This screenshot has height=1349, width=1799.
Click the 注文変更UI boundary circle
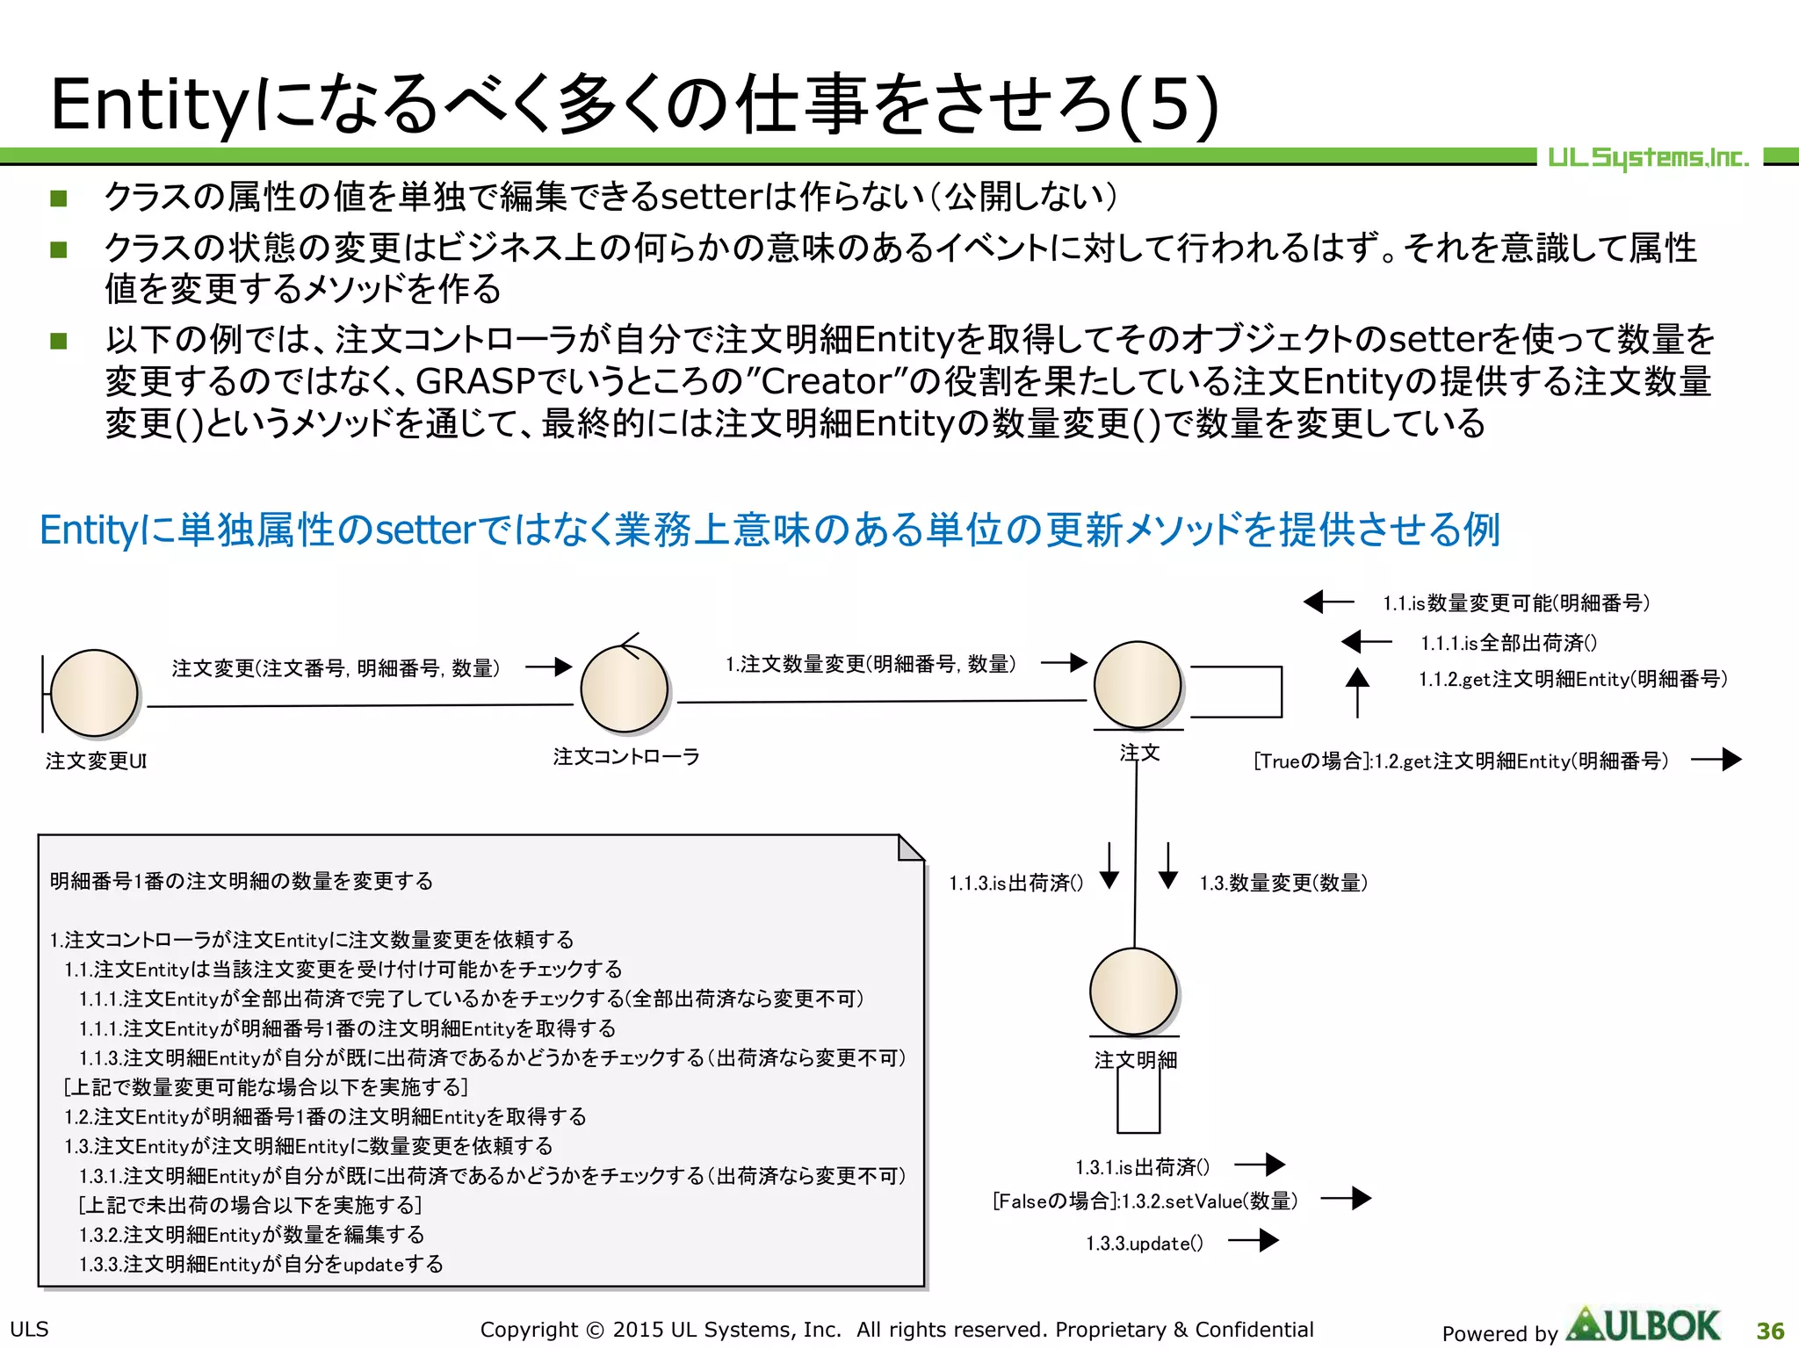94,692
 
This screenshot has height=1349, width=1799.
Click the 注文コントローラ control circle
625,689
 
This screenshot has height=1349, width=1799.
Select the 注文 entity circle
1138,684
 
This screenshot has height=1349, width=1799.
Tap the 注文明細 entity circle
1133,991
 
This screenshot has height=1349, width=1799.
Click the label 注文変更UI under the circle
96,761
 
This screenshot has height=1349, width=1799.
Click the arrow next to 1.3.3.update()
1254,1240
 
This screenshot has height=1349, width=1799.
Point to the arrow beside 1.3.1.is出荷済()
1260,1165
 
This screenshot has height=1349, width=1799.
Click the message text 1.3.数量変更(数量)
1283,883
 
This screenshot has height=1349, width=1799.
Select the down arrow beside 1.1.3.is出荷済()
1109,867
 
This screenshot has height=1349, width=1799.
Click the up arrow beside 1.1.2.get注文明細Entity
1357,692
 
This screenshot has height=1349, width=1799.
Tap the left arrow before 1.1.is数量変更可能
1328,602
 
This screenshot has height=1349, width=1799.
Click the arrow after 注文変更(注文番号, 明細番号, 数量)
549,667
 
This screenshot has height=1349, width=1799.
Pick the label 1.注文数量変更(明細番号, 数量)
871,664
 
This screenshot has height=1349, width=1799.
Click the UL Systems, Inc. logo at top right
1648,158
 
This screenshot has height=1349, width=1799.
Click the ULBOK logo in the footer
1644,1326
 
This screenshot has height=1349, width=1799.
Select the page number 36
1770,1331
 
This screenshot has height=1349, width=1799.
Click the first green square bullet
59,198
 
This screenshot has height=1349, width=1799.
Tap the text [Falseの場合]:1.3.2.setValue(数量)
1145,1201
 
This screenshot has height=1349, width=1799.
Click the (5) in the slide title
1169,104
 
